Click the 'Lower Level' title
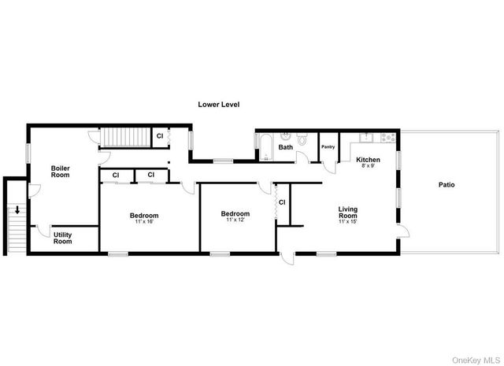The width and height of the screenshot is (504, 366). (219, 104)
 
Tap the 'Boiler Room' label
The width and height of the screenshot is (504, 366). (61, 171)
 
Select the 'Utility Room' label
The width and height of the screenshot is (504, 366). (63, 238)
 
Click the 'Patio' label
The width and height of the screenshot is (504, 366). (447, 185)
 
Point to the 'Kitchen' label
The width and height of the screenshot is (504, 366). (368, 159)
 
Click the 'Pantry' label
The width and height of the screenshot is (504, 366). (328, 146)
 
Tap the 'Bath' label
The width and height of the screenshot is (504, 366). (285, 147)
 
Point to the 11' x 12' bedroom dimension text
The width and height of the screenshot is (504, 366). (235, 220)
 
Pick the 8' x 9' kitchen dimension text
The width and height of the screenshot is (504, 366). (368, 165)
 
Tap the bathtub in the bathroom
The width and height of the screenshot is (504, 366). (265, 147)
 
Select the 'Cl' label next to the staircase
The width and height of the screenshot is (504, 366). (159, 136)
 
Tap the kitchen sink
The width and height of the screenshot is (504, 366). (365, 138)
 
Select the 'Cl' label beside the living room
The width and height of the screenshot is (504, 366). (281, 202)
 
